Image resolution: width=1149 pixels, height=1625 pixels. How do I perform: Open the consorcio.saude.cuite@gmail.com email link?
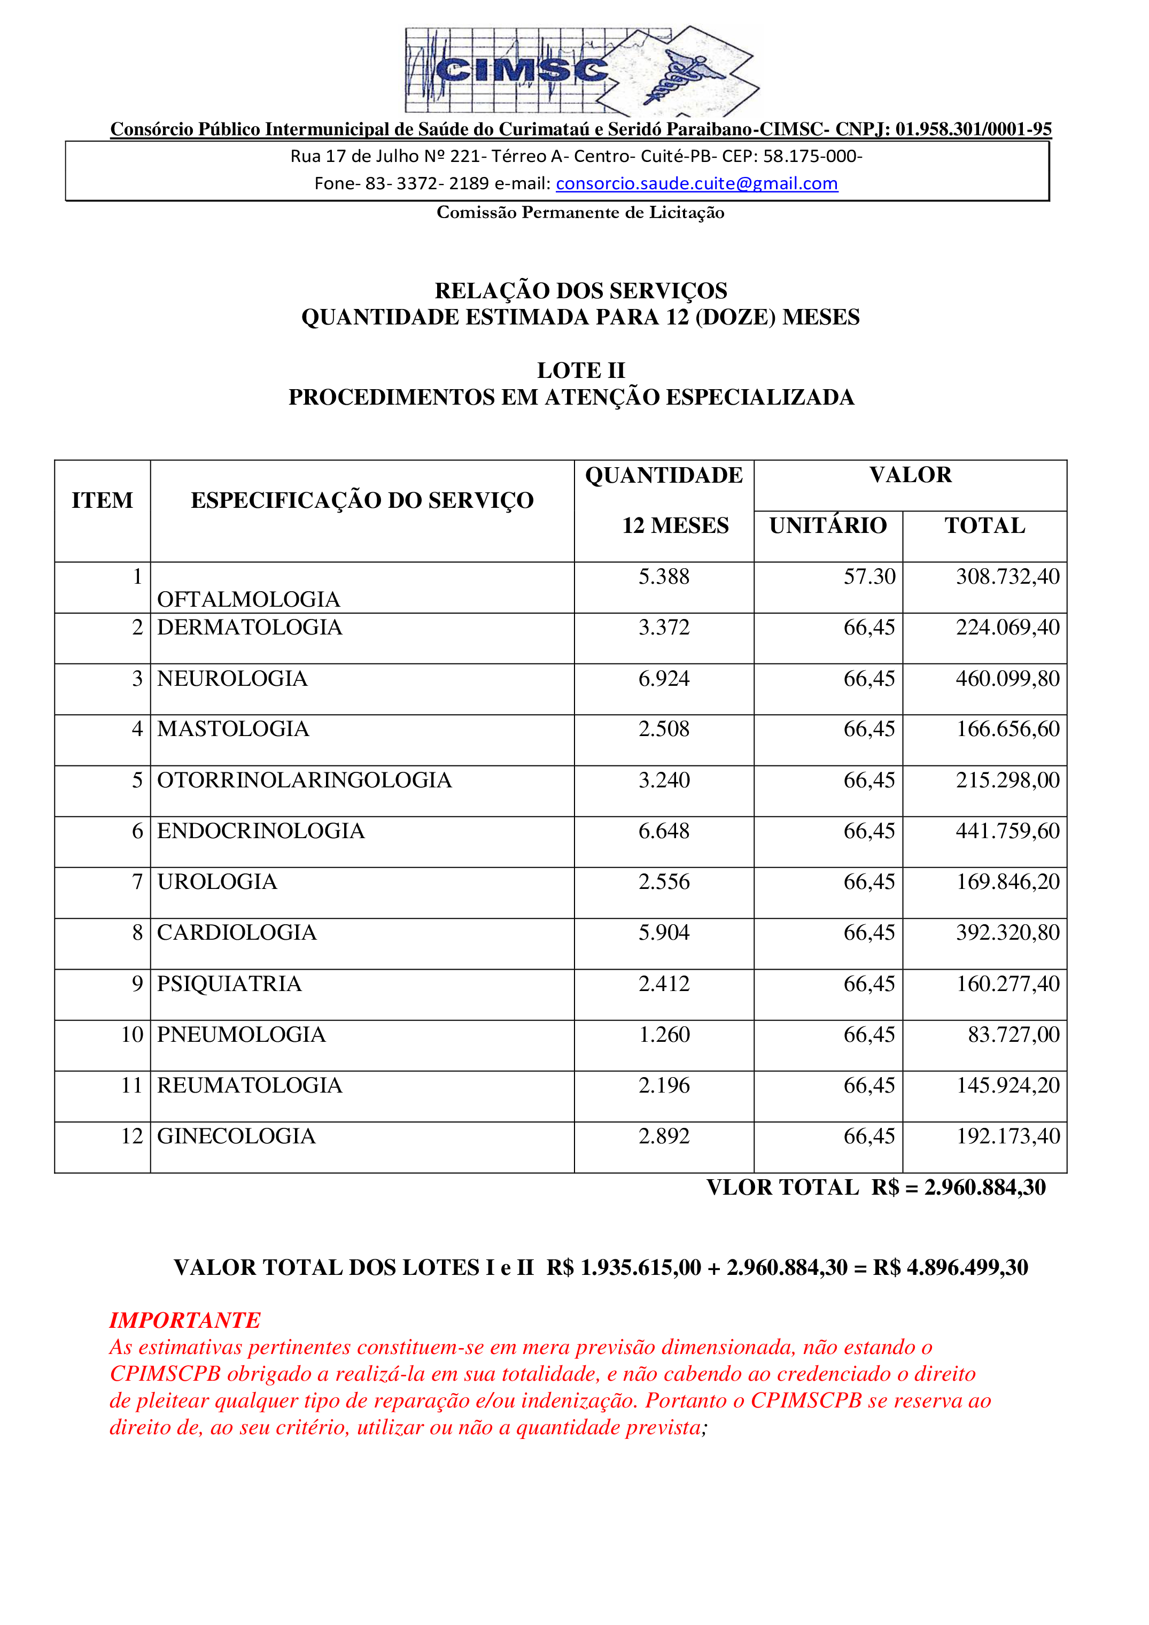tap(696, 183)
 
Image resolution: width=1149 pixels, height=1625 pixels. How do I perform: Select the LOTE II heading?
tap(580, 370)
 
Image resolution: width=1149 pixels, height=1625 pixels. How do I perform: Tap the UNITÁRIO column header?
tap(828, 526)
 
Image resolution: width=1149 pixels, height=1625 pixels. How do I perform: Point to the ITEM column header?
tap(102, 500)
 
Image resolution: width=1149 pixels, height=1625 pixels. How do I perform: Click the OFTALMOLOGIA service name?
tap(249, 599)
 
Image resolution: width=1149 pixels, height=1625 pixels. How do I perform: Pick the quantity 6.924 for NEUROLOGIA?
tap(664, 679)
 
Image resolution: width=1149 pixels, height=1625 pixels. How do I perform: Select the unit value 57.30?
tap(869, 577)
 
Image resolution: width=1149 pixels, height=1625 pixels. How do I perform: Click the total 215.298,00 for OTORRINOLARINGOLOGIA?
tap(1007, 780)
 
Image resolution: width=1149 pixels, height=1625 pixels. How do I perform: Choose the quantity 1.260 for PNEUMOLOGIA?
tap(664, 1035)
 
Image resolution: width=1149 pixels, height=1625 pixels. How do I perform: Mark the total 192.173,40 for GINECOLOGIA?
tap(1007, 1136)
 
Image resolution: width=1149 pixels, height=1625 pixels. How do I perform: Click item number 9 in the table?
tap(137, 984)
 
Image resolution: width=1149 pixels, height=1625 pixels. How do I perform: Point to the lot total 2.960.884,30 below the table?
tap(985, 1188)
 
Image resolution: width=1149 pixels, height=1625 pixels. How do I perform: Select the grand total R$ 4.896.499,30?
tap(950, 1267)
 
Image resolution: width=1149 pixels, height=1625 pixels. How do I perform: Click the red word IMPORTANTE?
tap(185, 1320)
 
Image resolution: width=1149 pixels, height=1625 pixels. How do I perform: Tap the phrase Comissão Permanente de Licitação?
tap(580, 212)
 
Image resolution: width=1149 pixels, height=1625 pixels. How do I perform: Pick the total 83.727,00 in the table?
tap(1013, 1035)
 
